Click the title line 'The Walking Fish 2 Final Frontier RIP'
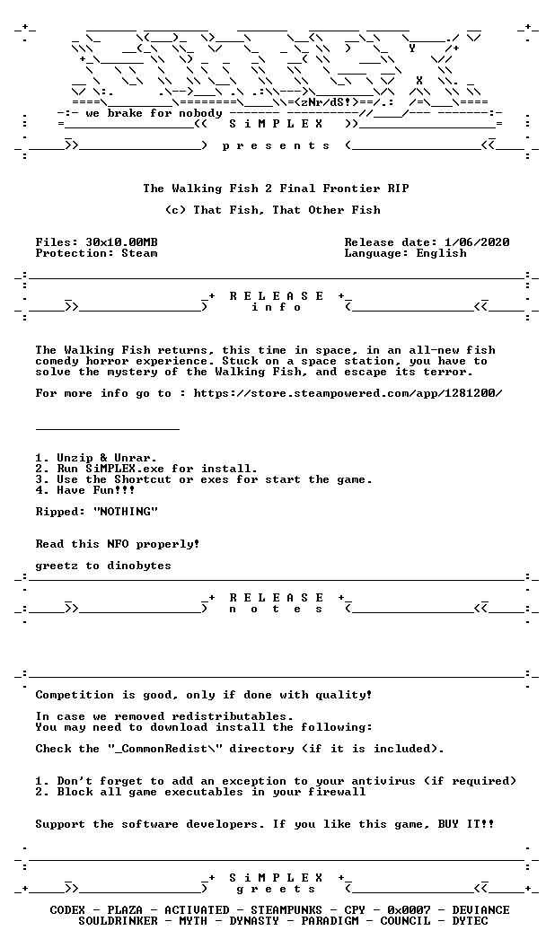click(276, 188)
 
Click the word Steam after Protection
click(139, 253)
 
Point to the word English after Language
click(442, 253)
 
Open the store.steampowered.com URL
click(348, 393)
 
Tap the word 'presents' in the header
click(276, 145)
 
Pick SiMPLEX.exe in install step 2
click(125, 469)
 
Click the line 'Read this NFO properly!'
click(118, 544)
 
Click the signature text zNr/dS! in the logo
click(326, 102)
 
